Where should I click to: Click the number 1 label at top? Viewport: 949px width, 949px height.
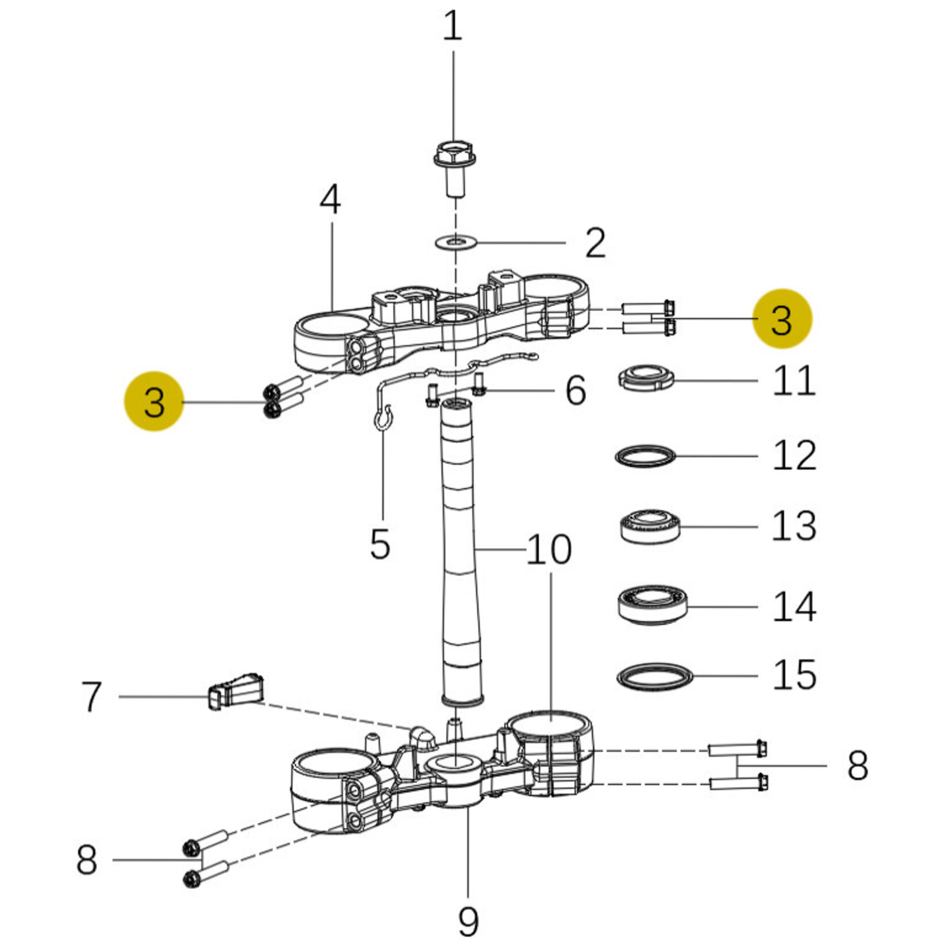pos(453,26)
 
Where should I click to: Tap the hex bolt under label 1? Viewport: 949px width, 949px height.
pos(454,167)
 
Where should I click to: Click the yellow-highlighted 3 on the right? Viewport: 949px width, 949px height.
pos(782,319)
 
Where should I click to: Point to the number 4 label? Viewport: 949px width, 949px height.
pos(330,199)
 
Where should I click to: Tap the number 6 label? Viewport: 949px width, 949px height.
pos(576,391)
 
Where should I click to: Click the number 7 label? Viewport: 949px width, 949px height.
pos(91,697)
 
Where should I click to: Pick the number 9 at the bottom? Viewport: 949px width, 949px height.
pos(468,922)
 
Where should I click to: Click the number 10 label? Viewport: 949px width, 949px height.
pos(549,550)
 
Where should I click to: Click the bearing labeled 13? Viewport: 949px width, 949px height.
pos(650,526)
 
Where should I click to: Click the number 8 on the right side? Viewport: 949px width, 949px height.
pos(857,766)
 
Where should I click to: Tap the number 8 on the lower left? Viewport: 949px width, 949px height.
pos(87,860)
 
